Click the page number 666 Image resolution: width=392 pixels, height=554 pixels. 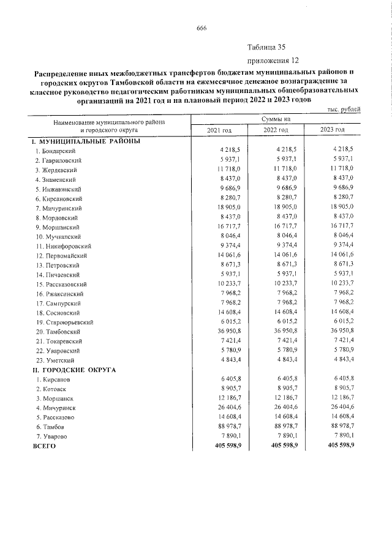pos(202,28)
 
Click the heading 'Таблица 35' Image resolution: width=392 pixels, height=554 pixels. pos(266,47)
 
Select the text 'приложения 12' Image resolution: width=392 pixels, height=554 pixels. pos(273,61)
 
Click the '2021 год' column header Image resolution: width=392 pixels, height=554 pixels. pos(220,130)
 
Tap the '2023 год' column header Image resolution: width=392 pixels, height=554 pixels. pos(333,130)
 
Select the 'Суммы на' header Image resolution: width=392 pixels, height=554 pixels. pos(275,119)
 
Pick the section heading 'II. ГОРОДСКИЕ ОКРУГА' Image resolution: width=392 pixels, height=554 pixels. pos(76,370)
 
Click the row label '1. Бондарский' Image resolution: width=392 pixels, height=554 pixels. pos(55,151)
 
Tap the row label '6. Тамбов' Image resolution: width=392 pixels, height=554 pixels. pos(49,426)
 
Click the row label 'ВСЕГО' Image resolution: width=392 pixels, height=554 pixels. pos(44,446)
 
